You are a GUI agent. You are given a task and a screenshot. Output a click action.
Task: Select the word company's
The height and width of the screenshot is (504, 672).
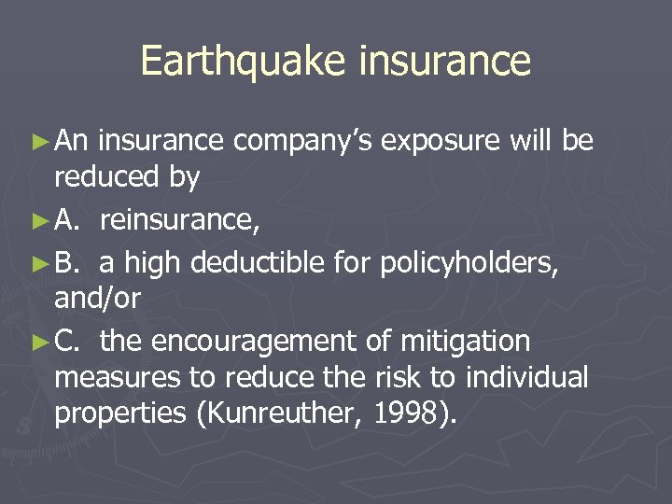point(302,142)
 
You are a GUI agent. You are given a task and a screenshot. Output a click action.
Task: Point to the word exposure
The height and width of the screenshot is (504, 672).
point(444,142)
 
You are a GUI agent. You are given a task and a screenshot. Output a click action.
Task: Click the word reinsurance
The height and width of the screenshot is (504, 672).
point(180,220)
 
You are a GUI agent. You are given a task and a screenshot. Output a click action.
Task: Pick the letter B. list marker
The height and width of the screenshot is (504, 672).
point(66,261)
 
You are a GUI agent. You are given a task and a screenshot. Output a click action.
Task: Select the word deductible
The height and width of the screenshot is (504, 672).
point(262,261)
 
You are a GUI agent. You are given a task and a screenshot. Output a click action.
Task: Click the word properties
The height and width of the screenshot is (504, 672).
point(119,413)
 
